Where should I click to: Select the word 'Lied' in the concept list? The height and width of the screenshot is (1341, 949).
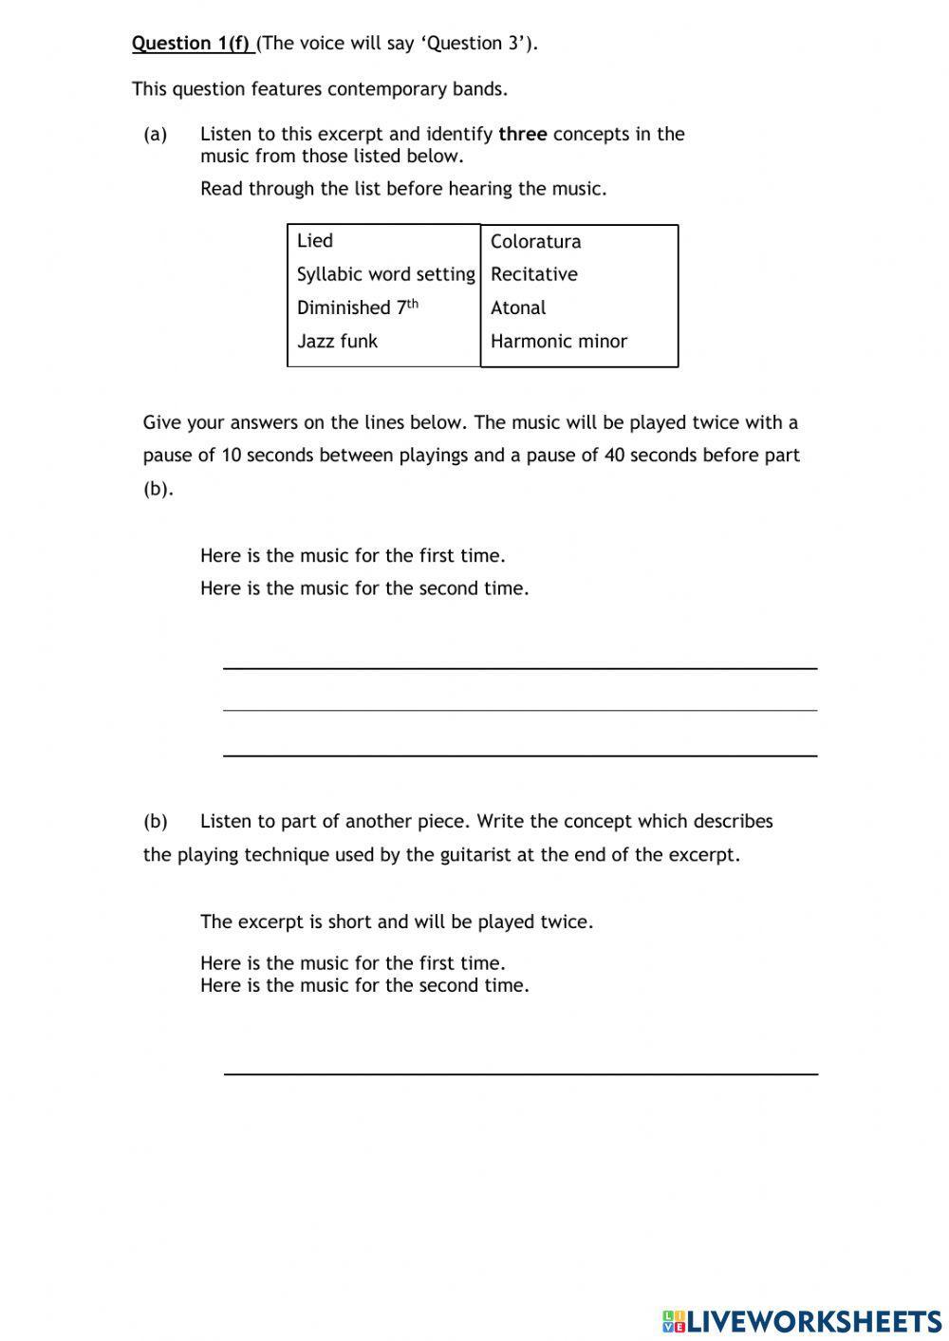coord(314,241)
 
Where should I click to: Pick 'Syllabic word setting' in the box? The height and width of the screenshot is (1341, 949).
coord(385,274)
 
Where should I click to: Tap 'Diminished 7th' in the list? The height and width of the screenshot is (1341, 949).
coord(357,307)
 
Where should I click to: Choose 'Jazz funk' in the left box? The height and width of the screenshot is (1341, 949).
coord(337,341)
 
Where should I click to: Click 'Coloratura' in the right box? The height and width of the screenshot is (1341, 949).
coord(535,241)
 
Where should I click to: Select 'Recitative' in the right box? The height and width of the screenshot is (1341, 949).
coord(533,274)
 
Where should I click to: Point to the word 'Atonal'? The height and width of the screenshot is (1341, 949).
coord(518,307)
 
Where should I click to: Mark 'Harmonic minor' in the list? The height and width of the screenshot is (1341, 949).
coord(558,341)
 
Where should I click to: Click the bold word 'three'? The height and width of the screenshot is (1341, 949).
coord(522,134)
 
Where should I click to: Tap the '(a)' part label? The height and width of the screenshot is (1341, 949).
coord(155,134)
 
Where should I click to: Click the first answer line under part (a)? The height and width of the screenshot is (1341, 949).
coord(519,667)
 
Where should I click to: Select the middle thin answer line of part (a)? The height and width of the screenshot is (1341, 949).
coord(519,709)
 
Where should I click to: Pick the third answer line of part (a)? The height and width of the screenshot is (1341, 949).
coord(519,754)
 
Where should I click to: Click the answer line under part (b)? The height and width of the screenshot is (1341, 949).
coord(519,1072)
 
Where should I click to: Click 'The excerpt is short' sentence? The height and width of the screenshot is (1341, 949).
coord(396,922)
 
